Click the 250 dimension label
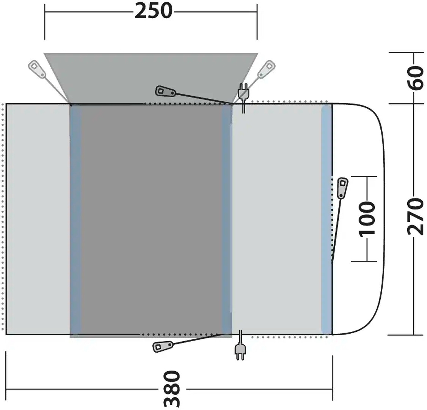(x=154, y=11)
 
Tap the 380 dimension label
(x=172, y=388)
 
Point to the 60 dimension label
(x=416, y=78)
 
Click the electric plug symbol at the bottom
(x=240, y=345)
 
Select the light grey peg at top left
(x=37, y=69)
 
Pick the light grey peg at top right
(x=266, y=69)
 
